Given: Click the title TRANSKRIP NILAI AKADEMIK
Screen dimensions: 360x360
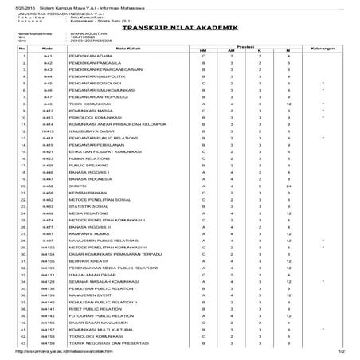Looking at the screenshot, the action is [x=179, y=26].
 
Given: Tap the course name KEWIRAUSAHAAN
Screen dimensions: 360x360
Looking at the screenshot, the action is [x=87, y=193].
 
